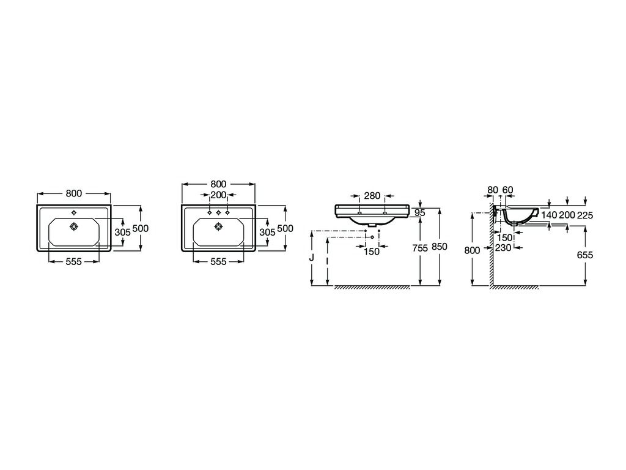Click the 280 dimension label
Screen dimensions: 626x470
[x=372, y=196]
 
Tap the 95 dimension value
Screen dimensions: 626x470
[x=419, y=213]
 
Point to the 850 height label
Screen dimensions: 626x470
[x=439, y=247]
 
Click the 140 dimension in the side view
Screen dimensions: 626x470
[x=550, y=215]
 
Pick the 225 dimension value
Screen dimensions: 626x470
[x=585, y=215]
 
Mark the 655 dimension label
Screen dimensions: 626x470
[x=585, y=255]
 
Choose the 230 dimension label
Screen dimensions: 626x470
[x=503, y=248]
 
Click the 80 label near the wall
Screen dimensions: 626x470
[x=493, y=190]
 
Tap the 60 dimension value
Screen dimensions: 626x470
[x=507, y=190]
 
